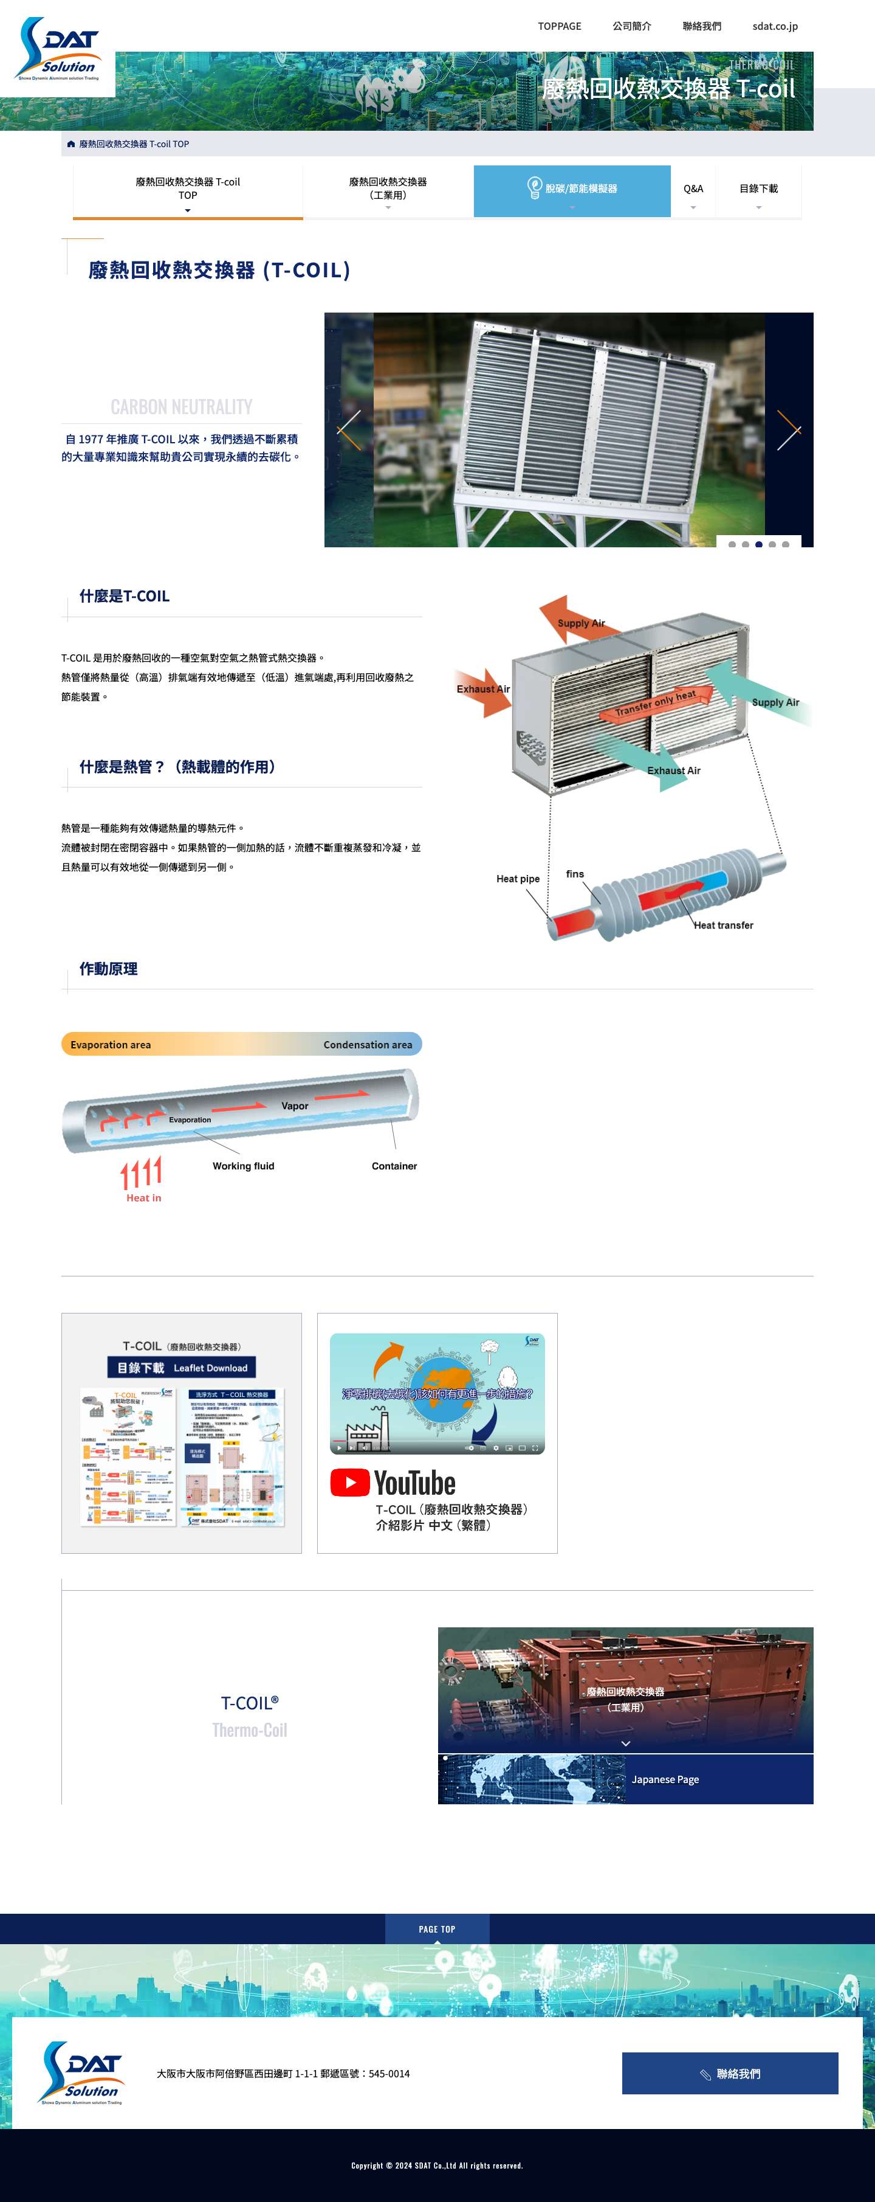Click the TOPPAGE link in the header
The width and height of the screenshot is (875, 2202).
click(x=559, y=26)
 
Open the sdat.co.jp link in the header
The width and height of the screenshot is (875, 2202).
click(x=774, y=26)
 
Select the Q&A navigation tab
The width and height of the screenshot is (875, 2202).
click(x=693, y=189)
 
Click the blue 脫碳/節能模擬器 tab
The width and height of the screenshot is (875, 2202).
click(x=572, y=189)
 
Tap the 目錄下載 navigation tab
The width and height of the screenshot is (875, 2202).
click(x=758, y=189)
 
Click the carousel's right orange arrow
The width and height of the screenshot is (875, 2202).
click(x=788, y=430)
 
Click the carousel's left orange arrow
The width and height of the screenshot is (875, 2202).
click(x=349, y=430)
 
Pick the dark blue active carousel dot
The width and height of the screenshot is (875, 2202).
click(x=759, y=544)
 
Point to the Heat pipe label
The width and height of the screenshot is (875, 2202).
click(x=518, y=879)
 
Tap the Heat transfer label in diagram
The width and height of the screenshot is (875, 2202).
click(x=723, y=925)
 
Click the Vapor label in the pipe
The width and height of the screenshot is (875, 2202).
click(x=295, y=1106)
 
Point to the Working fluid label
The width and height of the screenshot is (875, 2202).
click(x=244, y=1166)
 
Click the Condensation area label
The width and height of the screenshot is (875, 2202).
click(x=368, y=1045)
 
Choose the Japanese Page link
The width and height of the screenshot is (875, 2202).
click(x=665, y=1780)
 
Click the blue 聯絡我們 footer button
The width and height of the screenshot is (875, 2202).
click(x=730, y=2074)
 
